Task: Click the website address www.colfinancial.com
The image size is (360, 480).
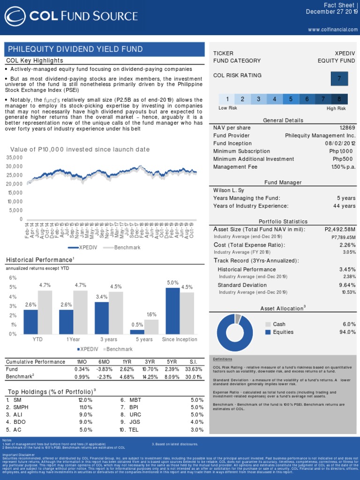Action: pos(333,30)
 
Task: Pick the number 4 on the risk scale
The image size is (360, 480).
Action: pos(274,99)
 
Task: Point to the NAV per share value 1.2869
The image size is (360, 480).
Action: pos(347,128)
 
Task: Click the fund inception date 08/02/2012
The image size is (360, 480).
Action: pos(340,143)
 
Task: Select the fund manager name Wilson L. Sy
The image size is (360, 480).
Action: pos(229,190)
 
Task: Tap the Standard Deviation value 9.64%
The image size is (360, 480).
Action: pos(347,285)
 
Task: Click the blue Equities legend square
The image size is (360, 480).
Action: pos(268,332)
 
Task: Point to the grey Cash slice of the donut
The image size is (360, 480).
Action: pos(238,319)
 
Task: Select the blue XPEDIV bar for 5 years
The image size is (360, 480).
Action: pos(137,331)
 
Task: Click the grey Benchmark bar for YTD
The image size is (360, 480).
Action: pos(45,312)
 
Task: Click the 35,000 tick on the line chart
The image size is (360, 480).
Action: pos(15,157)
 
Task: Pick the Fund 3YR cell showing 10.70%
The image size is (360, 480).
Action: pos(149,369)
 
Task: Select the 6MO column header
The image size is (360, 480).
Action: pos(103,361)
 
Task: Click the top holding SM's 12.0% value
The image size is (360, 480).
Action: pos(85,400)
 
